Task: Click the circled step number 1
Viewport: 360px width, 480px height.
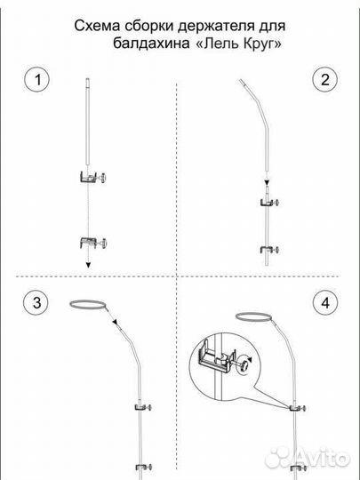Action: point(36,79)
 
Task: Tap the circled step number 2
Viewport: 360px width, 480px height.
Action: point(324,79)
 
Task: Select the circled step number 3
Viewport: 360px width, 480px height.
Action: point(36,302)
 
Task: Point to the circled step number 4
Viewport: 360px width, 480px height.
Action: point(325,303)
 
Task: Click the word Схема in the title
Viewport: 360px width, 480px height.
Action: point(98,26)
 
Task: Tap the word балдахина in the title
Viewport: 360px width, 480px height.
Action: point(151,44)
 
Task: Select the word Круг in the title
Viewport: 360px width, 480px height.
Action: point(260,44)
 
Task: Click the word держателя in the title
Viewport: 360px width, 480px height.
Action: point(216,27)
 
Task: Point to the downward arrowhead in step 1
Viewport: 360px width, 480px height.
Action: point(88,265)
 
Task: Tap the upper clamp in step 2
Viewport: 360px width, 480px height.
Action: point(269,203)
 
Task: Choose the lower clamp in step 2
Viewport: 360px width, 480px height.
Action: point(269,250)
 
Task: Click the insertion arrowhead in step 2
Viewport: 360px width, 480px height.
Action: point(267,182)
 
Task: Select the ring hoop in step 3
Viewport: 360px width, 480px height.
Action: point(88,304)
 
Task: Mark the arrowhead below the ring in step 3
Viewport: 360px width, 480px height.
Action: point(115,322)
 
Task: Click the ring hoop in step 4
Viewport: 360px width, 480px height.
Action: point(254,316)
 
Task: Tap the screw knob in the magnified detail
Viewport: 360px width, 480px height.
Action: point(244,364)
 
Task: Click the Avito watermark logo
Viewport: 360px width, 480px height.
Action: point(307,459)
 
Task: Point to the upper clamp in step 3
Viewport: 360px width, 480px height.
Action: point(143,407)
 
